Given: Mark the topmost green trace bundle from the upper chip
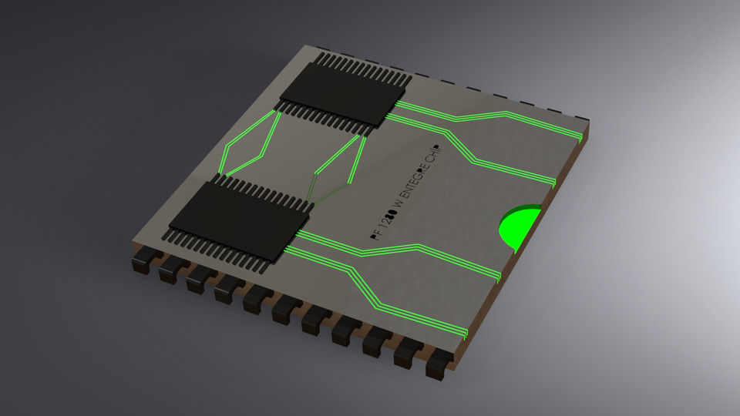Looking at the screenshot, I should [493, 116].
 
